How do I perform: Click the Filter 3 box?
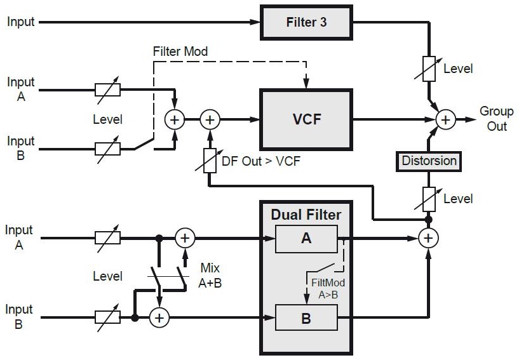(306, 22)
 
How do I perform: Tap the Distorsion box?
(429, 161)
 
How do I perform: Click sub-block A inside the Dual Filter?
(306, 238)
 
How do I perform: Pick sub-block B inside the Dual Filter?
(306, 317)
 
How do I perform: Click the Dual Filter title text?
(306, 215)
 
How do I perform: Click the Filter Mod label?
(180, 51)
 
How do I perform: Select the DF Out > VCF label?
(260, 161)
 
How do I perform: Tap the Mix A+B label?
(210, 275)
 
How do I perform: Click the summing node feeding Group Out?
(446, 119)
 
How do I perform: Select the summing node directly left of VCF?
(210, 119)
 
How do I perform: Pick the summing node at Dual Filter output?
(429, 238)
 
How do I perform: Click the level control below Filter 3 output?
(429, 69)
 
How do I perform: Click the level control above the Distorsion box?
(429, 198)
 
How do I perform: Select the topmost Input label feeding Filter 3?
(21, 22)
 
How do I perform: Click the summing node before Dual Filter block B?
(159, 317)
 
